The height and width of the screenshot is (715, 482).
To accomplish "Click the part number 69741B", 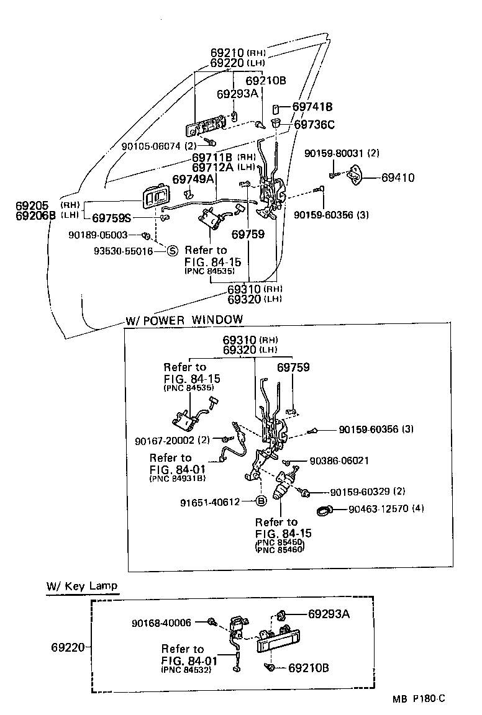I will click(312, 107).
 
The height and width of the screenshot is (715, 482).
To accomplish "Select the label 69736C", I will click(314, 125).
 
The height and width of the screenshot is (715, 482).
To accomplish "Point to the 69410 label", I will click(398, 178).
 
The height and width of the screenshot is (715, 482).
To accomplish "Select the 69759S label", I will click(112, 218).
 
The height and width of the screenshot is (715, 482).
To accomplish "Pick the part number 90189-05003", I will click(98, 235).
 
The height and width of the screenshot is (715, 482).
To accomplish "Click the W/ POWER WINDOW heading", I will click(184, 320).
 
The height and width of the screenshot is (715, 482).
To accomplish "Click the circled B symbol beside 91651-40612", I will click(261, 502).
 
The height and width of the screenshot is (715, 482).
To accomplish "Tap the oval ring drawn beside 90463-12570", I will click(324, 510).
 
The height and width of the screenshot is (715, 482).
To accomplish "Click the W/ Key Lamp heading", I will click(81, 586).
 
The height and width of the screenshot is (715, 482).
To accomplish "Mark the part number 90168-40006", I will click(161, 622).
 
